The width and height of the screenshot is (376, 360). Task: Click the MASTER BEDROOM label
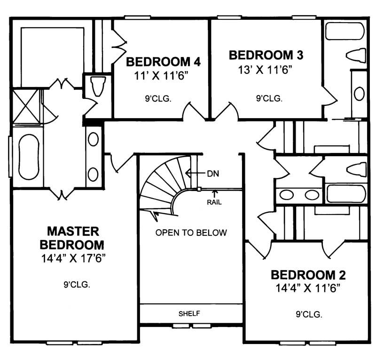72,238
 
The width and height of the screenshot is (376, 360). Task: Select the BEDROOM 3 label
266,55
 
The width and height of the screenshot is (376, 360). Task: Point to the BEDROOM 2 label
308,275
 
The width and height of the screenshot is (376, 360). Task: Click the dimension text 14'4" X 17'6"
72,258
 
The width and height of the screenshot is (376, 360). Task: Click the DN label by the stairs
212,173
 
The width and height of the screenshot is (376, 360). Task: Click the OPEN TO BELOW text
191,232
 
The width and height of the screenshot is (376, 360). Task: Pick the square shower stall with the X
27,105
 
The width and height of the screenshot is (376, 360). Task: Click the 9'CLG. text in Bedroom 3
269,99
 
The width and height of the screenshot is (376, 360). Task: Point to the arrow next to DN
194,173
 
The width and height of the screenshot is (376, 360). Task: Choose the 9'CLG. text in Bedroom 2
309,315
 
